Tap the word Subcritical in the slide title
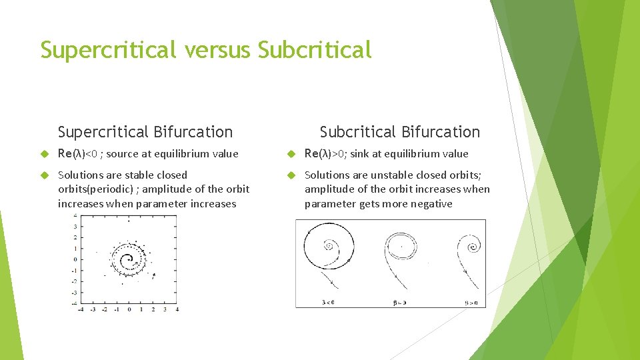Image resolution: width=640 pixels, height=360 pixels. pyautogui.click(x=314, y=50)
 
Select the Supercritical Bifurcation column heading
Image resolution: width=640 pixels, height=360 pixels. pyautogui.click(x=145, y=132)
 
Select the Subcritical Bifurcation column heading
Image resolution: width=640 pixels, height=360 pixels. pyautogui.click(x=399, y=132)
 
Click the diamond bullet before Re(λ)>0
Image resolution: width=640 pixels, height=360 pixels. pyautogui.click(x=291, y=154)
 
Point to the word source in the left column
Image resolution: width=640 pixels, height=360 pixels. pyautogui.click(x=122, y=154)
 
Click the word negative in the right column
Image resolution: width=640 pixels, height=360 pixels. pyautogui.click(x=430, y=204)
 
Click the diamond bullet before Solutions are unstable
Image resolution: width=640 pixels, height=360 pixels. pyautogui.click(x=291, y=175)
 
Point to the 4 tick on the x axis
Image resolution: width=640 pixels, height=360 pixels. pyautogui.click(x=177, y=309)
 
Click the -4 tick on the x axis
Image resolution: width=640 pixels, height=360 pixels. pyautogui.click(x=81, y=309)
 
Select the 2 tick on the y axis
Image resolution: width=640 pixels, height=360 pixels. pyautogui.click(x=75, y=237)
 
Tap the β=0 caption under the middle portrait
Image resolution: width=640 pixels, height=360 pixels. pyautogui.click(x=399, y=302)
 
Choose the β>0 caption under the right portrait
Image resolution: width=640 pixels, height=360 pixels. pyautogui.click(x=471, y=302)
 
